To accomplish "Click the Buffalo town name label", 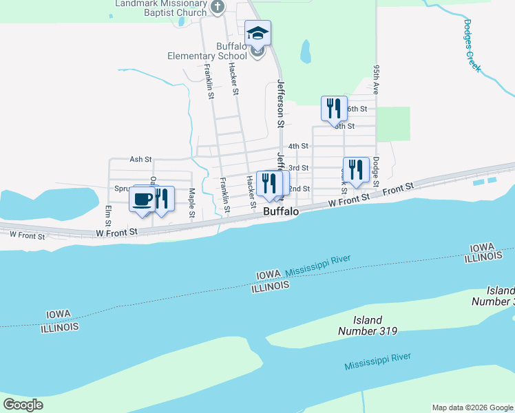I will pos(281,212).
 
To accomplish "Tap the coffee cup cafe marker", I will pos(143,200).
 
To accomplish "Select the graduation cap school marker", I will pos(257,33).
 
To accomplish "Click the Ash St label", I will pos(140,159).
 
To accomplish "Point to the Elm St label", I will pos(108,215).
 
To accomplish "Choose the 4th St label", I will pos(298,146).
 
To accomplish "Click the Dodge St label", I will pos(376,172).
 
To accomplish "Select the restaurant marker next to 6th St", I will pos(334,108).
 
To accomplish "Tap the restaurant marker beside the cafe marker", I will pos(160,200).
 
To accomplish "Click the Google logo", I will pos(23,405).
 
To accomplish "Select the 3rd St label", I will pos(298,168).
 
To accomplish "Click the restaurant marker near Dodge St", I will pos(355,170).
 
